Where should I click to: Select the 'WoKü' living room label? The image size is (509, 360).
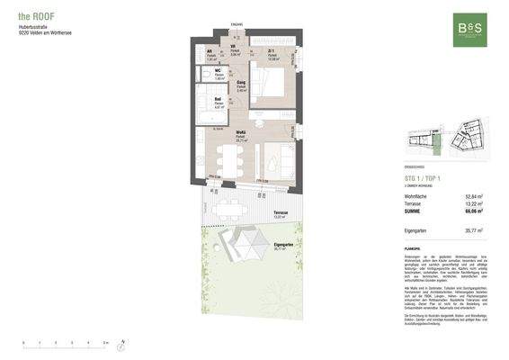click(242, 133)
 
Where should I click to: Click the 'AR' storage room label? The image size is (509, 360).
click(210, 51)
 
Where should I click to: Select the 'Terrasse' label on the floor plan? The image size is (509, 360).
click(280, 213)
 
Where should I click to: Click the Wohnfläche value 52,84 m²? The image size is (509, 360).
click(474, 196)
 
